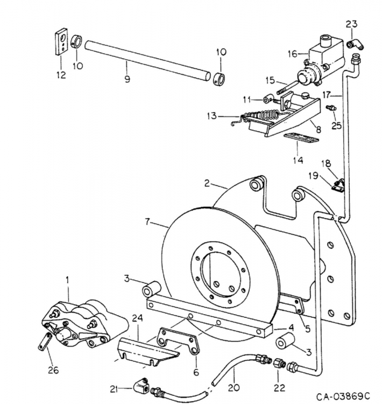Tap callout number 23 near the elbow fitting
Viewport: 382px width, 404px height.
point(351,24)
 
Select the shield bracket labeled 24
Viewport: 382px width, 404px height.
point(145,353)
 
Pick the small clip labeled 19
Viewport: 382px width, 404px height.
point(338,187)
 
